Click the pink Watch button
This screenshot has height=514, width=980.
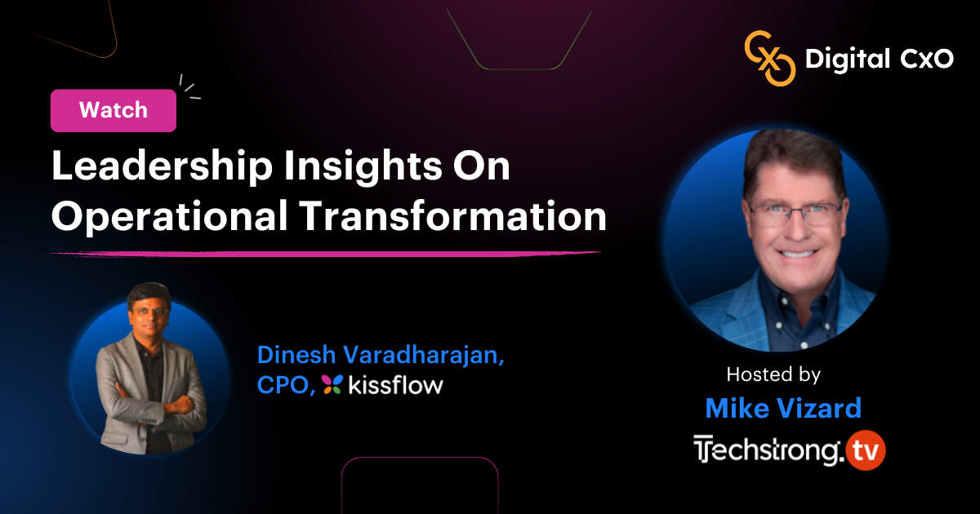coord(114,110)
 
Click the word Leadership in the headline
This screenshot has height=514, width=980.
coord(162,166)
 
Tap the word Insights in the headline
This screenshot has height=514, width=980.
coord(363,166)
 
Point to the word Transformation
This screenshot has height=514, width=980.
coord(453,215)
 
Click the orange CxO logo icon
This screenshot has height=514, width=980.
coord(770,58)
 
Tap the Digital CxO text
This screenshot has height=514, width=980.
coord(880,59)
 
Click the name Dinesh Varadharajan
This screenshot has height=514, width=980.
coord(381,354)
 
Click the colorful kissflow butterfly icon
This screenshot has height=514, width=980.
coord(332,384)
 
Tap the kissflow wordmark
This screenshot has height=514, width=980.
coord(395,384)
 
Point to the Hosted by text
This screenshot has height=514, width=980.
coord(773,374)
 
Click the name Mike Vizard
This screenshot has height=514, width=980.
coord(783,408)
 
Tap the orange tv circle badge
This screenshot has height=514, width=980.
coord(866,450)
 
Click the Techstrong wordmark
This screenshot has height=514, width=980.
coord(769,450)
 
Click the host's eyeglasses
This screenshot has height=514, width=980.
coord(796,213)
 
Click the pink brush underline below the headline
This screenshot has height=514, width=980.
coord(326,254)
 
